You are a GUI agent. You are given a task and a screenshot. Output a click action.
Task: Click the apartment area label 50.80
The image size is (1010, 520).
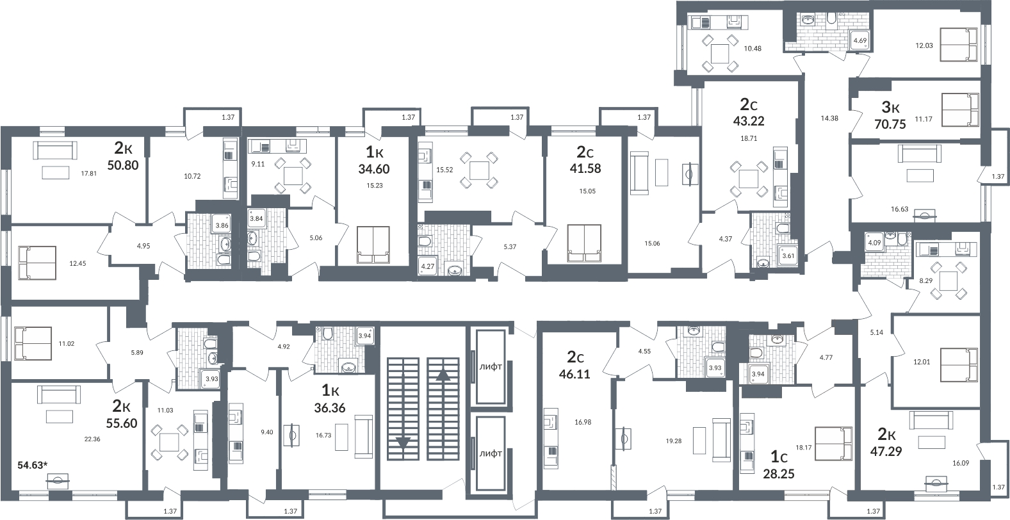tap(122, 165)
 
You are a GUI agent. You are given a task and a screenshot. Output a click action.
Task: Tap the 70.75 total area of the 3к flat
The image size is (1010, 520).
tap(890, 124)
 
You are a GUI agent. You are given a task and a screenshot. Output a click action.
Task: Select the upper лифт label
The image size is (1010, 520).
tap(491, 367)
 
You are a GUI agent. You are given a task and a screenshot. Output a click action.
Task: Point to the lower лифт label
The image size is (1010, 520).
tap(491, 453)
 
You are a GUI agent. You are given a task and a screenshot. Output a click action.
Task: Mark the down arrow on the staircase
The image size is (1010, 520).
tap(403, 443)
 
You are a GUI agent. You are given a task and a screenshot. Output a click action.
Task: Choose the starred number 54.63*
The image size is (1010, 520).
tap(33, 465)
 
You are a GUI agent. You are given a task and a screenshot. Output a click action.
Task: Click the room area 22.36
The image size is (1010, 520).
tap(92, 439)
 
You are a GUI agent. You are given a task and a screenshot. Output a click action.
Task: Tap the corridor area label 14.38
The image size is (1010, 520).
tap(829, 118)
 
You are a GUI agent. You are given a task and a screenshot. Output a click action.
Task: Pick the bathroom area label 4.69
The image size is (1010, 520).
tap(860, 40)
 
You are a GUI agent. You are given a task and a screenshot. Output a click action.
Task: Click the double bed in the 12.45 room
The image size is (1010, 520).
tap(37, 263)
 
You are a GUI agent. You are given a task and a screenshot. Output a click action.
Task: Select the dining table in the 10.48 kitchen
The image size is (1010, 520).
tap(720, 54)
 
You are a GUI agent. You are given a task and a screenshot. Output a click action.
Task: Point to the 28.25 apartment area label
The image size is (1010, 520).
tap(779, 474)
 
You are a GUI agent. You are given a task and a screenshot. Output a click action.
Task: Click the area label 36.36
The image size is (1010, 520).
tap(330, 408)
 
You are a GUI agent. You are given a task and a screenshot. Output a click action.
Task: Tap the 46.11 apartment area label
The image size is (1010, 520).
tap(574, 375)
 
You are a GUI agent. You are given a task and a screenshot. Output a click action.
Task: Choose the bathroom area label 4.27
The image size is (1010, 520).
tap(427, 266)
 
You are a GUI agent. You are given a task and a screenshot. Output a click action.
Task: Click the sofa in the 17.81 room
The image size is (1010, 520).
tap(55, 150)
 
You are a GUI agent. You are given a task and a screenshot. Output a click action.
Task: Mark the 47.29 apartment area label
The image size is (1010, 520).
tap(886, 451)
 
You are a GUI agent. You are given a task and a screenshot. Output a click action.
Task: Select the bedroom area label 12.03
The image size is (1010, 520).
tap(924, 45)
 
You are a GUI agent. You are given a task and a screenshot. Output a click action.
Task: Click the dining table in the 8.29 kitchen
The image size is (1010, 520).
tap(949, 281)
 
